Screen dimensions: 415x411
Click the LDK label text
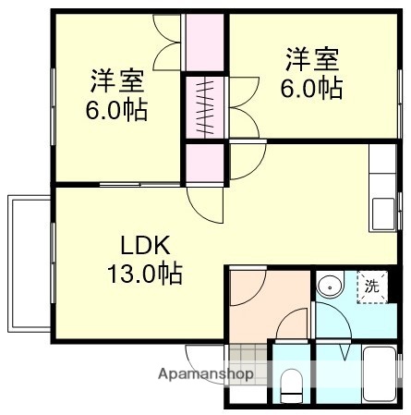pyautogui.click(x=145, y=247)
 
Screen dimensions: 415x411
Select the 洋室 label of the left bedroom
pyautogui.click(x=116, y=80)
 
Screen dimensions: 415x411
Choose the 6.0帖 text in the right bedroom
pyautogui.click(x=311, y=89)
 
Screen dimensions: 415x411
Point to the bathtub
pyautogui.click(x=379, y=377)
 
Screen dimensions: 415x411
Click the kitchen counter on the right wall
pyautogui.click(x=382, y=189)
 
